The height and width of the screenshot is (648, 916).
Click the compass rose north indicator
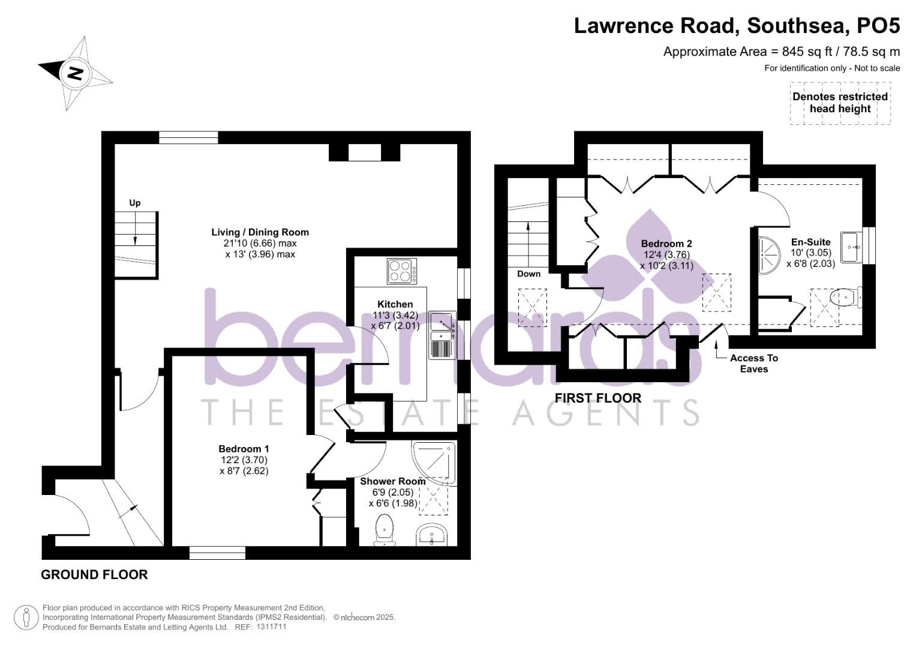74,73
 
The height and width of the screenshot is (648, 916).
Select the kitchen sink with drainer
442,335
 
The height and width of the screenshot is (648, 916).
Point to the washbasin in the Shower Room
431,534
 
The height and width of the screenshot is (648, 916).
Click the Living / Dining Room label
260,232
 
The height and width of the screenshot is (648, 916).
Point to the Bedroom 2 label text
666,244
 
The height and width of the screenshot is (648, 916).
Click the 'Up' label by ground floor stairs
135,203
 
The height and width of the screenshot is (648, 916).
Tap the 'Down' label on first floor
528,274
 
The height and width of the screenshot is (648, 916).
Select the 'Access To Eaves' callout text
753,363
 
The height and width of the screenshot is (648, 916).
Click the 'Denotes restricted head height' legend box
840,103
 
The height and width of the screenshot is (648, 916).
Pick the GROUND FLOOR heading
94,574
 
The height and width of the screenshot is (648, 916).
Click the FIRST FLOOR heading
597,398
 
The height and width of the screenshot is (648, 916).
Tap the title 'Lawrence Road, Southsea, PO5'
737,26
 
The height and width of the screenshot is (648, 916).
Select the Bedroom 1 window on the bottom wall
217,553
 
